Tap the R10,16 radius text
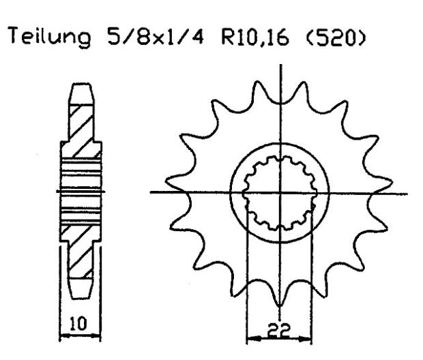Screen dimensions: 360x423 [248, 40]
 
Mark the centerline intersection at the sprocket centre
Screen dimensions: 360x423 [280, 192]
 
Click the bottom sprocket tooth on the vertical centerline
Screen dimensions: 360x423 [280, 300]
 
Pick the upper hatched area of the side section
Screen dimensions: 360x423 [81, 125]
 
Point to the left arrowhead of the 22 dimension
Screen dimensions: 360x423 [249, 336]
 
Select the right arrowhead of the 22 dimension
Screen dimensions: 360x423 [311, 336]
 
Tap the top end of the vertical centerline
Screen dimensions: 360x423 [280, 65]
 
